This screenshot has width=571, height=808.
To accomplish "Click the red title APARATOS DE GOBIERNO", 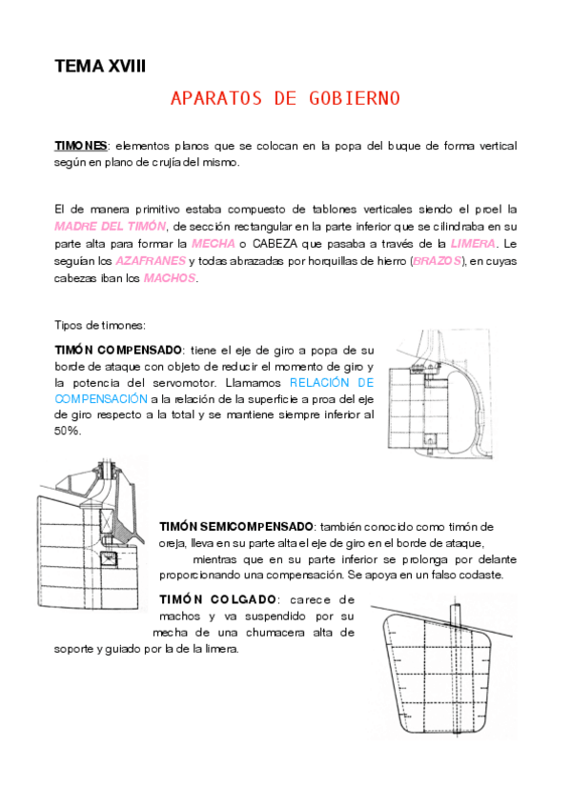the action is point(284,98).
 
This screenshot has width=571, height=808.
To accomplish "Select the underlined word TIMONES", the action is point(80,146).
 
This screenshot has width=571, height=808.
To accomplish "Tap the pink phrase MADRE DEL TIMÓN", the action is point(108,226).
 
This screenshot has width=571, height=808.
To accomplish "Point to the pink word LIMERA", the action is point(473,243).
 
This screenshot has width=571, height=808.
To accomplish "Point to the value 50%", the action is point(68,430).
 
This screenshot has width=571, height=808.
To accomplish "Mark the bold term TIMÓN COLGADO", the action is point(217,598).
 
